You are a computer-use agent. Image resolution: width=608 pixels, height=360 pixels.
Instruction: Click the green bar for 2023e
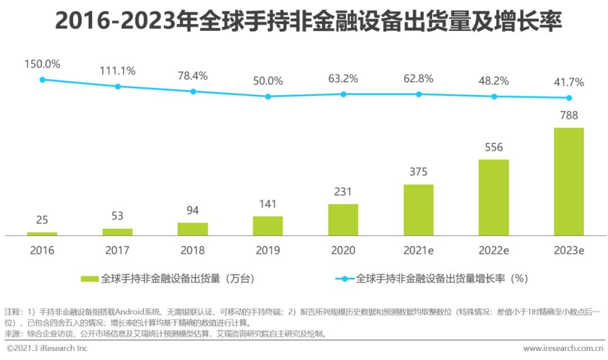(569, 181)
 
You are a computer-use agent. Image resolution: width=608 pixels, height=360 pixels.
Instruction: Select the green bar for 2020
(343, 219)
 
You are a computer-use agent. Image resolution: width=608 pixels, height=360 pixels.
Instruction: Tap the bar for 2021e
(418, 210)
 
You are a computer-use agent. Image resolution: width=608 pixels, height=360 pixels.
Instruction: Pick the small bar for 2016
(42, 233)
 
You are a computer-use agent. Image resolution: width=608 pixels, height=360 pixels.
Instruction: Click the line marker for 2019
(268, 96)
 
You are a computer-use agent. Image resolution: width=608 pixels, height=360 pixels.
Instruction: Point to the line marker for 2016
(42, 79)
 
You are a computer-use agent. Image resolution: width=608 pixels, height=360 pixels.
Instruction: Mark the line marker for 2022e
(494, 96)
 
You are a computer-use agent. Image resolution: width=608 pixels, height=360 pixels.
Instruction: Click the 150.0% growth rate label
(42, 64)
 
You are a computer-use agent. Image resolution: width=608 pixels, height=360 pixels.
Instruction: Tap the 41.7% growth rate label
(569, 82)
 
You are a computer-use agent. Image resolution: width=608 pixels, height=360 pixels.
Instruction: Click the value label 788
(569, 116)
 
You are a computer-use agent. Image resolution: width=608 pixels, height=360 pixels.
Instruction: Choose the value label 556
(494, 148)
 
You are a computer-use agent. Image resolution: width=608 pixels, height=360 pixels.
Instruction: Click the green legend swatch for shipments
(90, 278)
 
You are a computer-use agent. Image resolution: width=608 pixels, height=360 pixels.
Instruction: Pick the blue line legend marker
(344, 278)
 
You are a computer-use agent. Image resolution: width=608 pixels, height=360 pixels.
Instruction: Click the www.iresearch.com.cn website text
(562, 349)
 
